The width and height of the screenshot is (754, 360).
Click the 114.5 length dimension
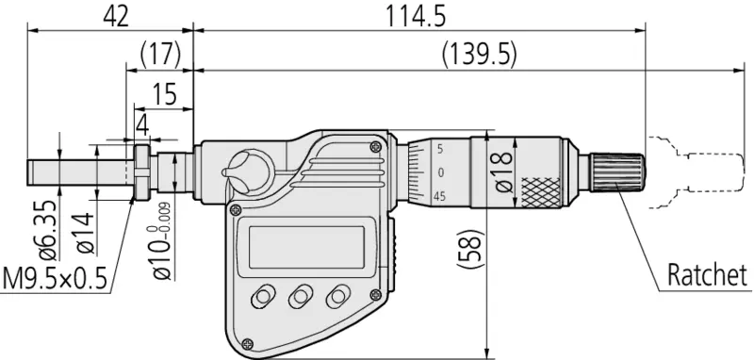tap(417, 16)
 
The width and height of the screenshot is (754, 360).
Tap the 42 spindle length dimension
tap(116, 16)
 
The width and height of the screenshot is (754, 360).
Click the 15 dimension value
tap(165, 93)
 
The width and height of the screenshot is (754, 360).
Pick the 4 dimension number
tap(142, 125)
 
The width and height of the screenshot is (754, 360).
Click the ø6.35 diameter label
tap(48, 230)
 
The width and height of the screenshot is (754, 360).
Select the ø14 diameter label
tap(85, 233)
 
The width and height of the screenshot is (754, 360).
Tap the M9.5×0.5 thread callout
tap(55, 278)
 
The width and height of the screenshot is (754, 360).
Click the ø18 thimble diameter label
tap(503, 172)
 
